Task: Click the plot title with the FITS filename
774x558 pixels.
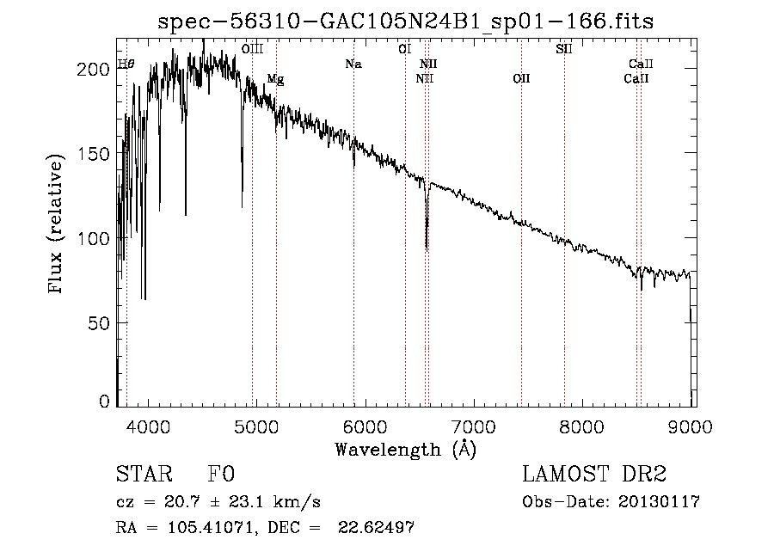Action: (x=405, y=22)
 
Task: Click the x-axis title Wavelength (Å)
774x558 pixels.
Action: (x=405, y=449)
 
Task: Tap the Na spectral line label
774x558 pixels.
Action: (x=353, y=64)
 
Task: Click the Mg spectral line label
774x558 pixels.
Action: (x=275, y=80)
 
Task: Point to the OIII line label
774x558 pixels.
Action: (x=252, y=51)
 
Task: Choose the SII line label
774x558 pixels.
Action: (x=564, y=50)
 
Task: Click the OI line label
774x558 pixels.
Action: (x=404, y=50)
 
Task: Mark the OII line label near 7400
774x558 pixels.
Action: (x=521, y=79)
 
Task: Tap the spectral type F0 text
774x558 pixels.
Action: (x=221, y=475)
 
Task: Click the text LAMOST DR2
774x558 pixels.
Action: (x=594, y=475)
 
